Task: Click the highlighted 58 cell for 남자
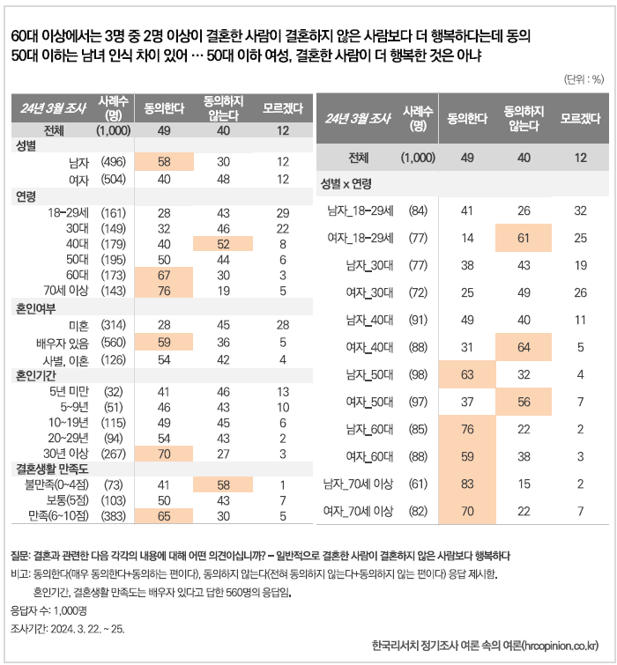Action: [164, 161]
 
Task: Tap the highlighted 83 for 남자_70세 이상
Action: [467, 484]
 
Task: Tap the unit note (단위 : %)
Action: [584, 79]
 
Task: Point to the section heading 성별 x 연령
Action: [346, 183]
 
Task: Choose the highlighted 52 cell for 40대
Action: [223, 244]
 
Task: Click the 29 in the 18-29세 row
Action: [282, 212]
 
